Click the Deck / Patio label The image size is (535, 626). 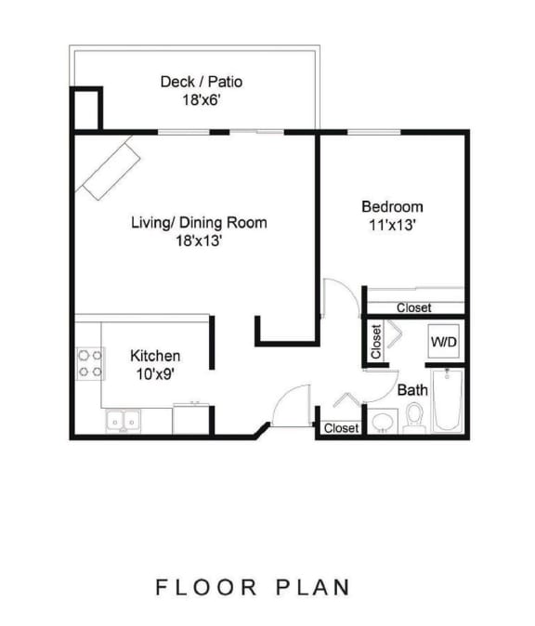point(202,82)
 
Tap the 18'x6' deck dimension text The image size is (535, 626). point(202,99)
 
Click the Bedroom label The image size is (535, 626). point(392,206)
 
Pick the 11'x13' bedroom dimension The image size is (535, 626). point(392,224)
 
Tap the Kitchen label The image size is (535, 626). point(154,357)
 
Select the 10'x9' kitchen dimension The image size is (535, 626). point(154,373)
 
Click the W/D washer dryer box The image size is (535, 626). point(442,343)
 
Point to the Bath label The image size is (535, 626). point(412,391)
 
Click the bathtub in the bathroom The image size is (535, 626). point(448,401)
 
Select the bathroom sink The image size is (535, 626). point(382,423)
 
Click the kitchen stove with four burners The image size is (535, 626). point(89,363)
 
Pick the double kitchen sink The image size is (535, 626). point(123,422)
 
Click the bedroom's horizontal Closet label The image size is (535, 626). point(413,308)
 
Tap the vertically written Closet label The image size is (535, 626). point(376,342)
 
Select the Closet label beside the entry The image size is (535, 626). point(342,428)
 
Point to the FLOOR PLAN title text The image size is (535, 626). point(253,587)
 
